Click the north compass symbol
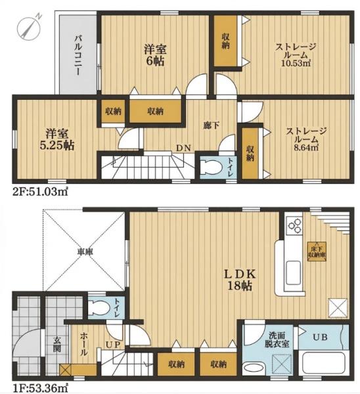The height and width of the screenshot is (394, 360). click(29, 26)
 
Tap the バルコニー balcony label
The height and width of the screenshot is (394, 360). click(78, 56)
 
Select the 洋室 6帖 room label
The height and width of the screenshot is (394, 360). click(155, 56)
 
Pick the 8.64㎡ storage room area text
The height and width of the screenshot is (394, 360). click(306, 147)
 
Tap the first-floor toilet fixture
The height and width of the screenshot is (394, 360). click(99, 308)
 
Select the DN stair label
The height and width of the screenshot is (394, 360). click(183, 148)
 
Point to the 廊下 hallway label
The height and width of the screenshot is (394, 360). click(211, 126)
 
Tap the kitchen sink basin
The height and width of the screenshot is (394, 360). click(294, 269)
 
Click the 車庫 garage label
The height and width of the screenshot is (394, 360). click(85, 252)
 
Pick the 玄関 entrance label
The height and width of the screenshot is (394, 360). click(57, 344)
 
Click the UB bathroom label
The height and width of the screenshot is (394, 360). click(320, 337)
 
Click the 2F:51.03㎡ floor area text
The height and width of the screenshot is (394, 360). click(40, 192)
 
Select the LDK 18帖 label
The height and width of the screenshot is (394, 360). click(240, 280)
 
